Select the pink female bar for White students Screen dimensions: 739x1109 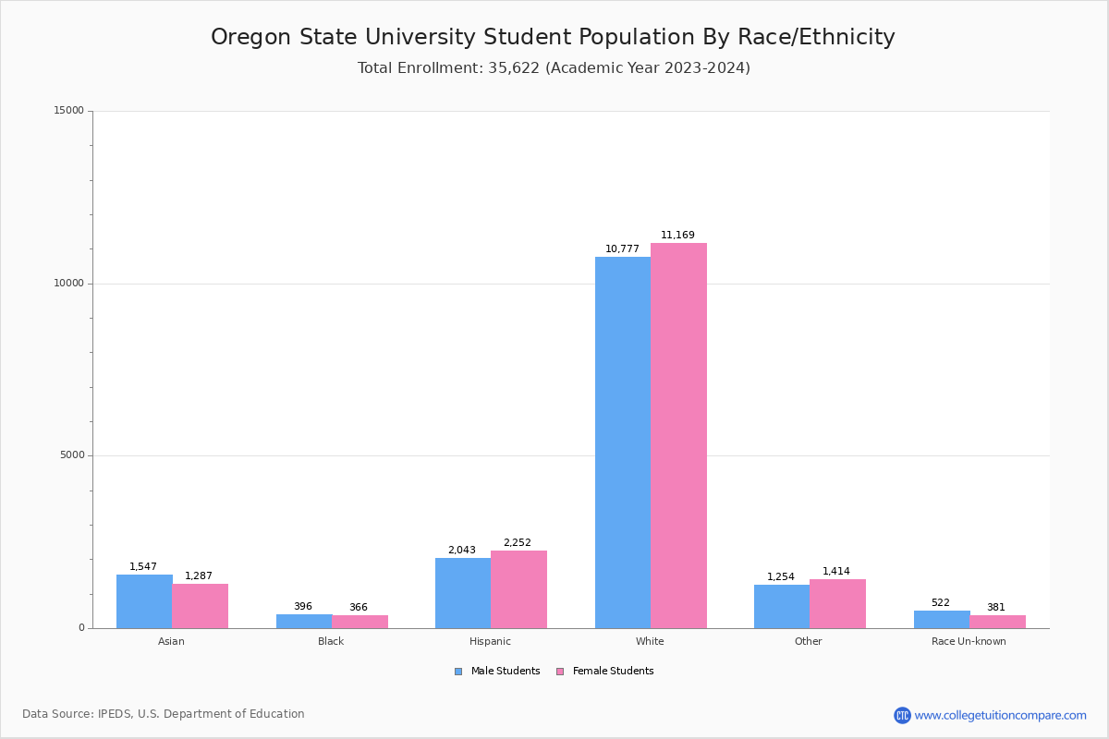pyautogui.click(x=678, y=435)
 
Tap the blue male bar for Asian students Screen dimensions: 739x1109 pyautogui.click(x=144, y=601)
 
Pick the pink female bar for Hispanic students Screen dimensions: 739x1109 pyautogui.click(x=518, y=589)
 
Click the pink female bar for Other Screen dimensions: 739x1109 pyautogui.click(x=837, y=603)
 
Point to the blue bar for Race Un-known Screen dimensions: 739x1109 pyautogui.click(x=942, y=619)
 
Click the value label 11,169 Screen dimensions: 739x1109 pyautogui.click(x=677, y=236)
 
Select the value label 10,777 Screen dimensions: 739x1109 pyautogui.click(x=622, y=249)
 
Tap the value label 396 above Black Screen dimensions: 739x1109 pyautogui.click(x=303, y=607)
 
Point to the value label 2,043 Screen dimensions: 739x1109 pyautogui.click(x=462, y=551)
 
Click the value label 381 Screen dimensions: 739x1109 pyautogui.click(x=996, y=608)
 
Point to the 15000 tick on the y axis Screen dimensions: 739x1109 pyautogui.click(x=68, y=111)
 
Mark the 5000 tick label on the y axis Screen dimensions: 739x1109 pyautogui.click(x=71, y=455)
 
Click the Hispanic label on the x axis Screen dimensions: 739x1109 pyautogui.click(x=490, y=641)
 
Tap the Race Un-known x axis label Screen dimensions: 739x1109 pyautogui.click(x=969, y=641)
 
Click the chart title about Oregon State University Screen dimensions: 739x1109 pyautogui.click(x=553, y=37)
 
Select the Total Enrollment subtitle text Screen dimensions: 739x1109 pyautogui.click(x=554, y=68)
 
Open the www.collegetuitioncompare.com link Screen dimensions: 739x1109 pyautogui.click(x=1000, y=715)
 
